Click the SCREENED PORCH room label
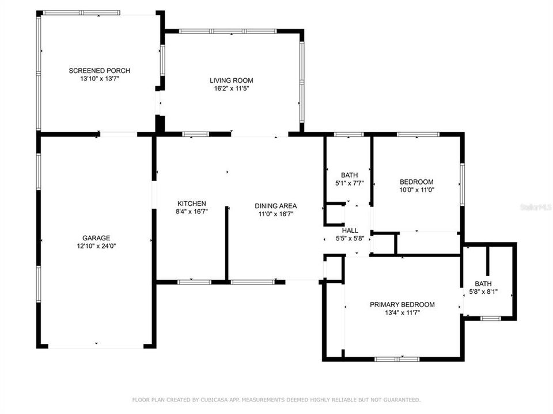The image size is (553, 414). [99, 71]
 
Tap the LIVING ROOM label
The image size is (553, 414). [231, 80]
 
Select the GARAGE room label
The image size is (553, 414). [96, 237]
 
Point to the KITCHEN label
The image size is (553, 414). [191, 204]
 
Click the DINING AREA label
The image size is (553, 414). [276, 206]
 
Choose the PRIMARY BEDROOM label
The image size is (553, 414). [402, 304]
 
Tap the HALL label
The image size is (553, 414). [350, 230]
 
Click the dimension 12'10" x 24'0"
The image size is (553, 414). [96, 246]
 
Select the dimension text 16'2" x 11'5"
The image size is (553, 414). [231, 89]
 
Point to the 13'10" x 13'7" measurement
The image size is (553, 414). [99, 79]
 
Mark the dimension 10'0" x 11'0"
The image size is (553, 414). [417, 190]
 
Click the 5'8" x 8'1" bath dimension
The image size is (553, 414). [483, 292]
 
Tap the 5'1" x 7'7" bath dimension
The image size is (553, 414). [349, 183]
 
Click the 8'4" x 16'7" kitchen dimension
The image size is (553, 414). [191, 212]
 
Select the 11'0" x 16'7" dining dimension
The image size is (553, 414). [276, 214]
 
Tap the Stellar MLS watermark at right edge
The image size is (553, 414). [535, 205]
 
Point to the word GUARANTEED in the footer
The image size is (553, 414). [402, 399]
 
